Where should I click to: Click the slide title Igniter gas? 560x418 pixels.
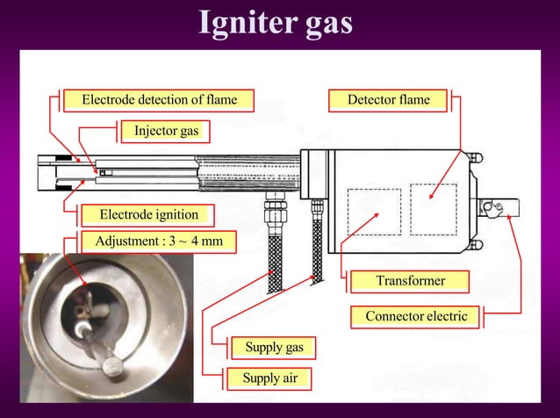[x=276, y=24]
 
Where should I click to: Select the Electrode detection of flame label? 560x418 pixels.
[x=160, y=100]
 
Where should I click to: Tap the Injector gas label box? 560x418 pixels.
[x=167, y=132]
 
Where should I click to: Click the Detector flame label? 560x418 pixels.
[x=389, y=100]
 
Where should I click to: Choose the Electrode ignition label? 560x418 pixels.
[x=148, y=214]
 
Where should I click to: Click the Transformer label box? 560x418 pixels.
[x=410, y=281]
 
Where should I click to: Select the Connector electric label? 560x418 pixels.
[x=416, y=316]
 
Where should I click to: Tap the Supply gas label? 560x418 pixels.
[x=274, y=348]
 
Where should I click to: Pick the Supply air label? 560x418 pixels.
[x=269, y=379]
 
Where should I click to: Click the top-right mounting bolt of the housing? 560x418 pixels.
[x=477, y=157]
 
